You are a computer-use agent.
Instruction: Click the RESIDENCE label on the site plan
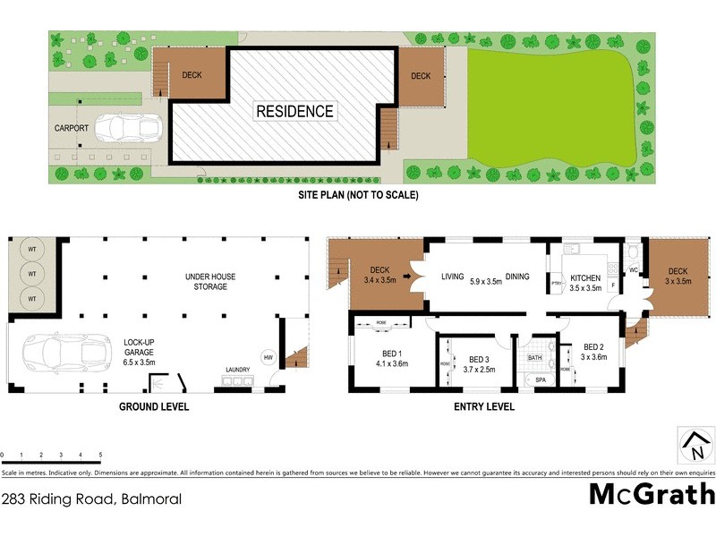(x=294, y=112)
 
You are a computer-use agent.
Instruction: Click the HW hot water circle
(x=268, y=358)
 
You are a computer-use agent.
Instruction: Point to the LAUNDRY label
(x=238, y=369)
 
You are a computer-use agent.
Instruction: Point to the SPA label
(x=540, y=380)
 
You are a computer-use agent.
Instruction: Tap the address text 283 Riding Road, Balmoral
(x=91, y=499)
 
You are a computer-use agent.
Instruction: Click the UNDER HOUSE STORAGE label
(x=208, y=281)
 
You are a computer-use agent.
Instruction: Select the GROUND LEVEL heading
(x=153, y=406)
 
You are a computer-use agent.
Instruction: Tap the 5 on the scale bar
(x=100, y=456)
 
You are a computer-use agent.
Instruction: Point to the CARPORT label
(x=72, y=128)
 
